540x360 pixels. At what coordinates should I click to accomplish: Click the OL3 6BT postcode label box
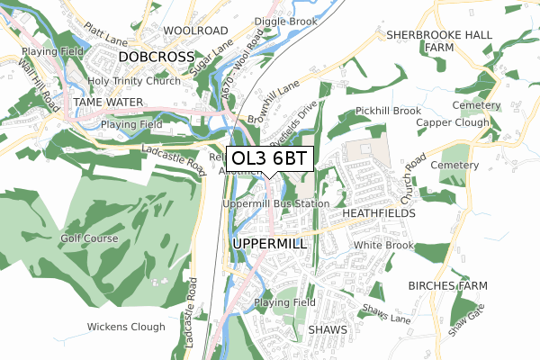[269, 159]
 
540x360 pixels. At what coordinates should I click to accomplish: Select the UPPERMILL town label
[270, 244]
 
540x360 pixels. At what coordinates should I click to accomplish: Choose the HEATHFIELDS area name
[378, 214]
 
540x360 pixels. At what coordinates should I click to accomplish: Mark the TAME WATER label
[108, 103]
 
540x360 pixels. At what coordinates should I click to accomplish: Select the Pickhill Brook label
[388, 111]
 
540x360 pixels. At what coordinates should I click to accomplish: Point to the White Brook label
[382, 245]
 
